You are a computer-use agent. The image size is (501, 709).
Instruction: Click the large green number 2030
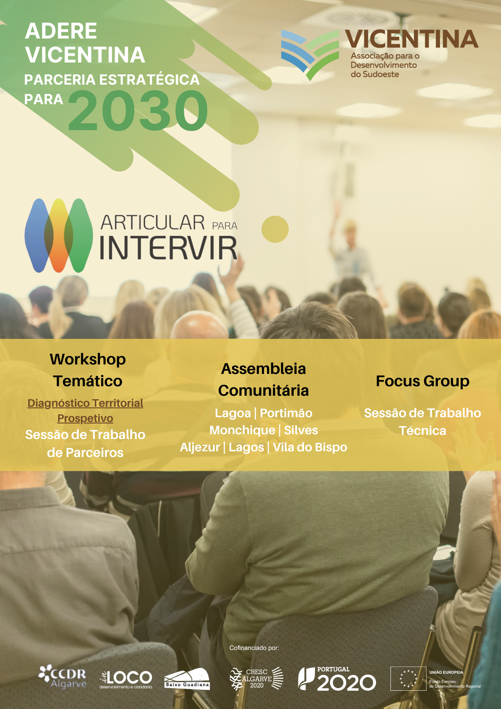click(138, 110)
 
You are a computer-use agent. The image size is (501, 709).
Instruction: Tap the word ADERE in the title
click(61, 31)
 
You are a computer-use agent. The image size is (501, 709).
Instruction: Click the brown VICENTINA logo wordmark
click(412, 39)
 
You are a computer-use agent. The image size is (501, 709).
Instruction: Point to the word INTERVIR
click(169, 248)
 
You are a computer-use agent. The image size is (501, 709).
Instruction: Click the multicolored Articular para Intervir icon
click(59, 236)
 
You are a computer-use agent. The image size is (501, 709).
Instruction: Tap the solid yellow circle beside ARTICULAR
click(275, 229)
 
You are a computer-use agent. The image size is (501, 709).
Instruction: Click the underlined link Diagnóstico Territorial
click(85, 403)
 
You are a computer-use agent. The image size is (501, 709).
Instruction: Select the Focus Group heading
click(423, 381)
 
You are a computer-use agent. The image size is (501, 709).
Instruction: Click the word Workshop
click(88, 360)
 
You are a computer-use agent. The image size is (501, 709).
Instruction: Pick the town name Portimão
click(286, 413)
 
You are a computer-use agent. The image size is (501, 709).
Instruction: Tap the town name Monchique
click(242, 430)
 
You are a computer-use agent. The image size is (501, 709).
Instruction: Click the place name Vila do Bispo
click(310, 447)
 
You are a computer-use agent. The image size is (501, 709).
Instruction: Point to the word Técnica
click(423, 430)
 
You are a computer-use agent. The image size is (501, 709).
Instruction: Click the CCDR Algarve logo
click(62, 677)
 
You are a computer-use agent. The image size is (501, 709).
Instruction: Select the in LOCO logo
click(126, 679)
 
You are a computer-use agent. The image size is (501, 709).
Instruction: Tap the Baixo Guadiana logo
click(187, 679)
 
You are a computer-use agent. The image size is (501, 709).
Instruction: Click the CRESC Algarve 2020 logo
click(257, 678)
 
